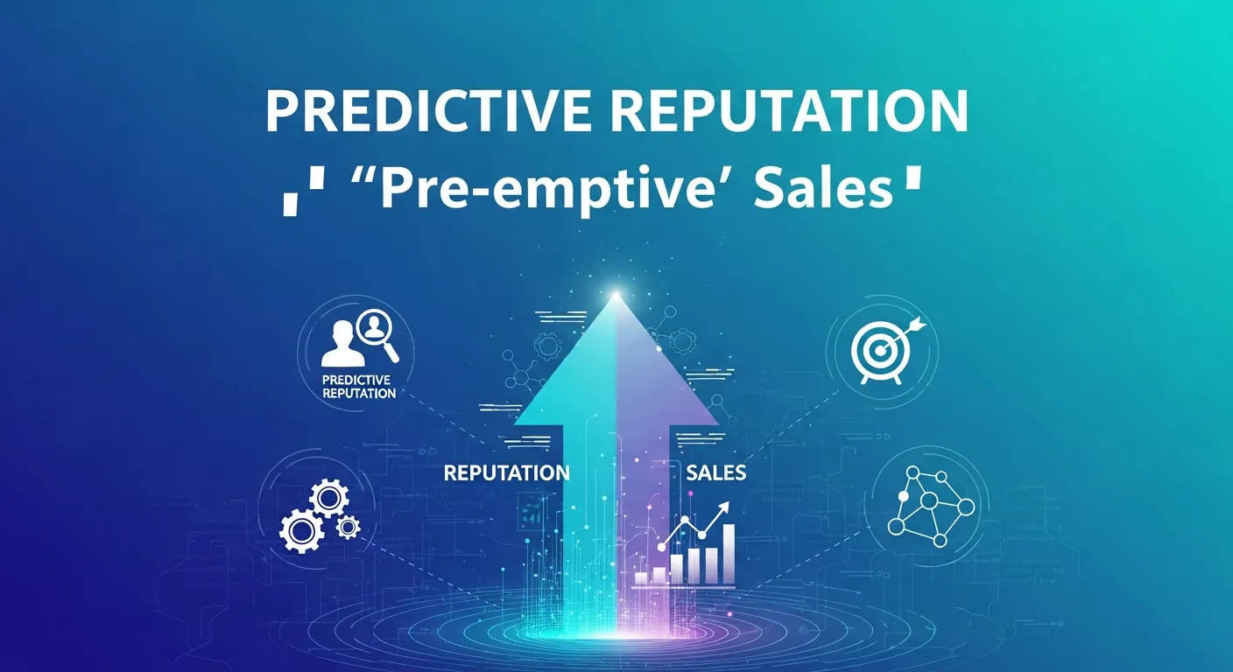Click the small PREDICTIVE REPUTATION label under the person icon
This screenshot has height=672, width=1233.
tap(358, 387)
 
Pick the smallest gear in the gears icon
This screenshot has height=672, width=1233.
tap(349, 526)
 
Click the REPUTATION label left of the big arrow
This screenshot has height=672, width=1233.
tap(506, 473)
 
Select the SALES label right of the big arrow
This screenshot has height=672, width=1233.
tap(715, 473)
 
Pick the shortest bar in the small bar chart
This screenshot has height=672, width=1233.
tap(641, 578)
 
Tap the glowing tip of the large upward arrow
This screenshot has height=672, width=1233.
tap(616, 296)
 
